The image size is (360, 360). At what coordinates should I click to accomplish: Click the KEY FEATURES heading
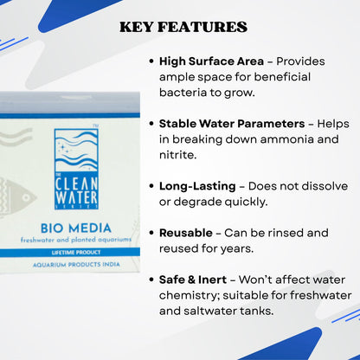click(183, 28)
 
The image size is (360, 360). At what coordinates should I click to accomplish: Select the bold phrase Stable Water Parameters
click(233, 124)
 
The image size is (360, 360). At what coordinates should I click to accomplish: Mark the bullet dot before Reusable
click(151, 234)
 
